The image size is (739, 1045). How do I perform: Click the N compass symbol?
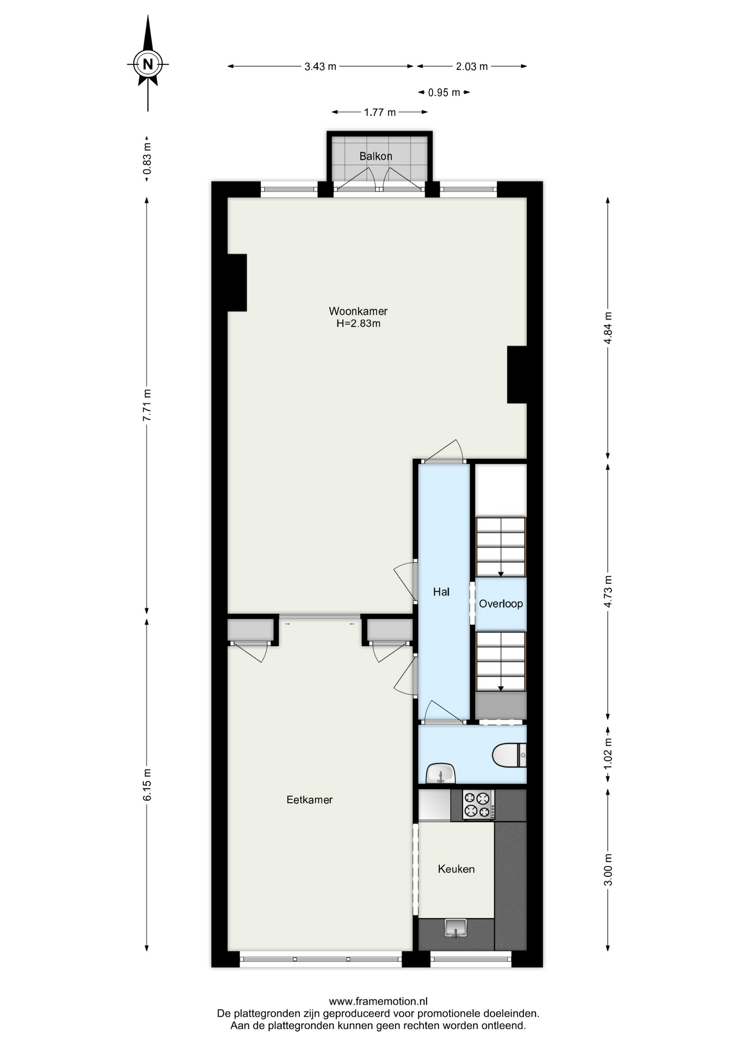click(x=147, y=64)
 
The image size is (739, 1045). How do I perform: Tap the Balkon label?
click(x=375, y=156)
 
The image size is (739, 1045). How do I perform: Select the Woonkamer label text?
click(x=358, y=311)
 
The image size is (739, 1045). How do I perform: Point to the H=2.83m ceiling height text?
click(x=358, y=323)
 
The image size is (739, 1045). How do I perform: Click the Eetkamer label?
click(x=310, y=800)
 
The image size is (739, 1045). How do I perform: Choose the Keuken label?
click(x=456, y=869)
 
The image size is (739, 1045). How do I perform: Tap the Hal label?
click(x=441, y=592)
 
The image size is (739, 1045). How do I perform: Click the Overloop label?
click(x=501, y=604)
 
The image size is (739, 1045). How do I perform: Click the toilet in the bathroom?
click(x=509, y=755)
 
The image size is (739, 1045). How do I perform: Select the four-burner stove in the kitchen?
click(x=478, y=805)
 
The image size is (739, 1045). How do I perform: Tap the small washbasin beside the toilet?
click(x=440, y=773)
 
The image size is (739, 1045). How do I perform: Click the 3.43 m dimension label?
click(x=321, y=66)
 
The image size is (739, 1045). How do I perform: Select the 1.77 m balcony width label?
click(x=380, y=112)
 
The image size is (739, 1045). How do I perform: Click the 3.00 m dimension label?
click(x=608, y=869)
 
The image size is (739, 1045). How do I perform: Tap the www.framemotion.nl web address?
click(x=378, y=1001)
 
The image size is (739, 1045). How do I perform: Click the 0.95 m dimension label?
click(x=444, y=93)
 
